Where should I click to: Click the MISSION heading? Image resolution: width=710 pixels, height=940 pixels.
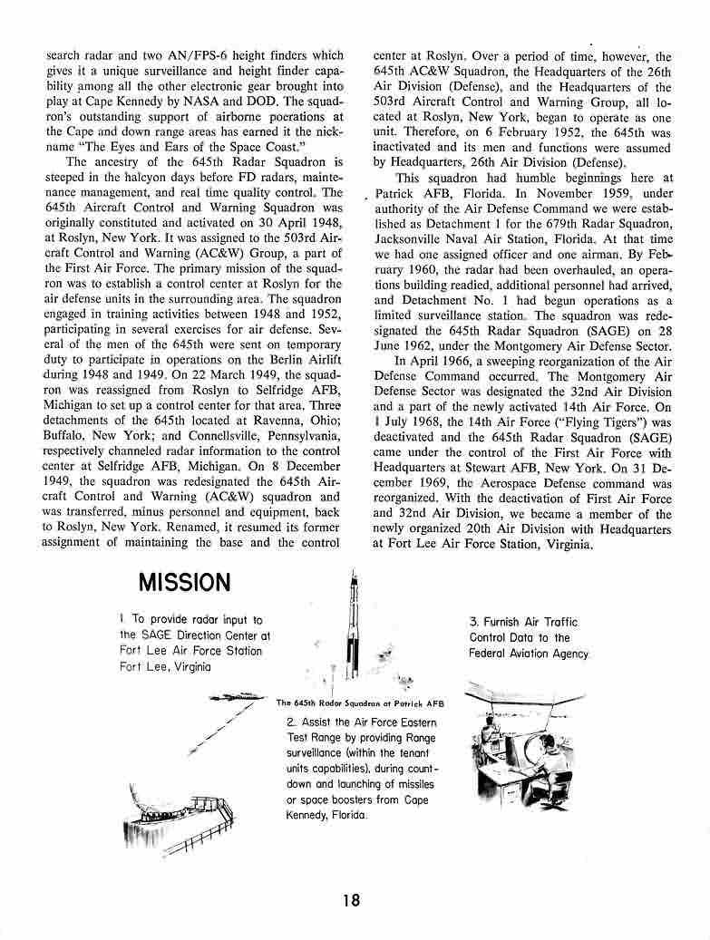(x=184, y=581)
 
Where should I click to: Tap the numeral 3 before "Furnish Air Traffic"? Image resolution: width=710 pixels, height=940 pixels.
(x=473, y=622)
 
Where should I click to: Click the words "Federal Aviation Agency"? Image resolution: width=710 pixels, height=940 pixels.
(x=529, y=654)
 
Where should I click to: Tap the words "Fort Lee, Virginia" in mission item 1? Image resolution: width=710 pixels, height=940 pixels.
(x=165, y=667)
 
